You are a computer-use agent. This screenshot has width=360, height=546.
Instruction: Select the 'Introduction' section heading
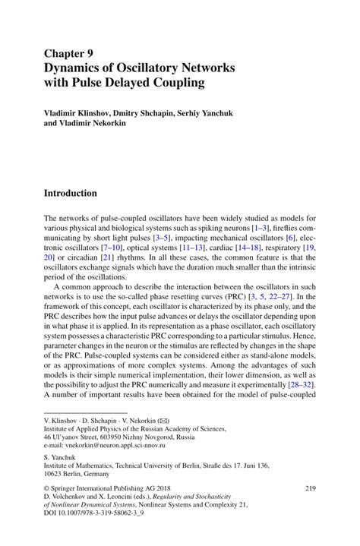point(71,193)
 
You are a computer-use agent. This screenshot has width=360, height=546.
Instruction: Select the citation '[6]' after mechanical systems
point(291,238)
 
